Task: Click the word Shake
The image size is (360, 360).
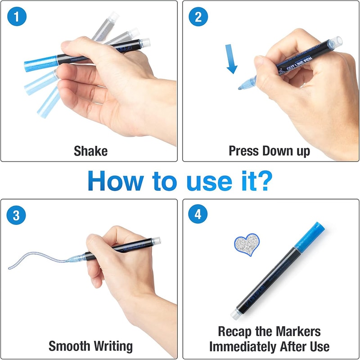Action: pos(90,151)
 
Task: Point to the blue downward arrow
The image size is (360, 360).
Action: pos(232,62)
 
